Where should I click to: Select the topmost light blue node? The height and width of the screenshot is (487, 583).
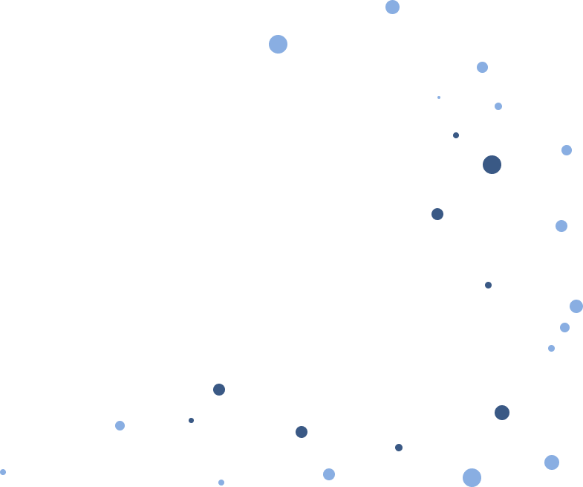pos(392,7)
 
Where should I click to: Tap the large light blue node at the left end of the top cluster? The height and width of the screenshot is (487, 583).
pos(278,44)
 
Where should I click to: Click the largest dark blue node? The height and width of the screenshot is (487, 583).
pos(492,164)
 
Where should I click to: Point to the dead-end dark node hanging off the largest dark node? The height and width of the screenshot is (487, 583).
pos(437,214)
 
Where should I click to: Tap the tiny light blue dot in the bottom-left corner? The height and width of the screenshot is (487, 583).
pos(3,471)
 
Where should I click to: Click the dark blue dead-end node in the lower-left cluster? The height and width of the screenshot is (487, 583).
pos(219,390)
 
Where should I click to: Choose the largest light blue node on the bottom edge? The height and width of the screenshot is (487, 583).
pos(472,477)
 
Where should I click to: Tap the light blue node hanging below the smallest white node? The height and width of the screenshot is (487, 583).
pos(551,462)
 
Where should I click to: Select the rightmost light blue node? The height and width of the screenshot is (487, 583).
pos(576,306)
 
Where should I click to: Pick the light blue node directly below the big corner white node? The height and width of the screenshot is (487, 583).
pos(567,150)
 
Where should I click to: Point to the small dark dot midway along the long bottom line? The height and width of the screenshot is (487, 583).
pos(399,448)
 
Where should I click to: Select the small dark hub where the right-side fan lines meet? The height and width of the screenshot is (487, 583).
pos(488,285)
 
